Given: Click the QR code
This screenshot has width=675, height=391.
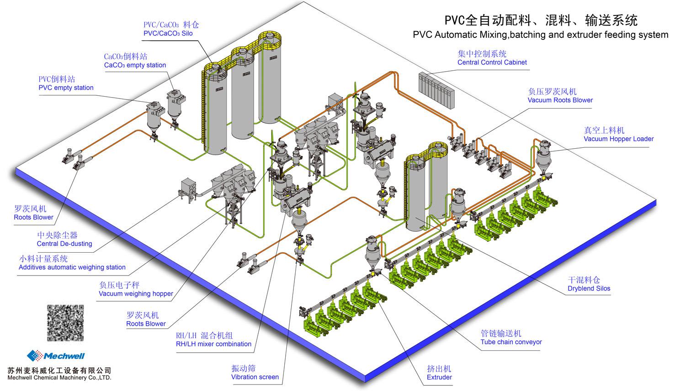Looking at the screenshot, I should (66, 323).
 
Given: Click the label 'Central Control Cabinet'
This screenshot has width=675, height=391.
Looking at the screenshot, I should (492, 63).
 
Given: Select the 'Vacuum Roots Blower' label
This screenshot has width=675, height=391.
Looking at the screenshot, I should (560, 100).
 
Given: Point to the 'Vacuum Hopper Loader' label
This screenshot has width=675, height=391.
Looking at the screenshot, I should (618, 139).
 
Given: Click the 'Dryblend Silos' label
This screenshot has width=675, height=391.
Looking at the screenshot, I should (589, 288).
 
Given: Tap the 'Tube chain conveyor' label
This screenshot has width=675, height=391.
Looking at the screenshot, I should (511, 342).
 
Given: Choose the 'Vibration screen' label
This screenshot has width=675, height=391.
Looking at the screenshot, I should (255, 377).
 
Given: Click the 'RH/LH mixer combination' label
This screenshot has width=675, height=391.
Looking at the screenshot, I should (213, 344).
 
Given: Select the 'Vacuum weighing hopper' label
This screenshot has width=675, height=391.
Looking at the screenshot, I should (136, 294).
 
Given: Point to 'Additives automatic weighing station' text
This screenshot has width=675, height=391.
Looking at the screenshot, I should (72, 267).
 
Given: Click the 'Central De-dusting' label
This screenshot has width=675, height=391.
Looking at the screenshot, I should (64, 244).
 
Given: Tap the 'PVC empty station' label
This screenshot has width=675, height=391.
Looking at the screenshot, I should (66, 88).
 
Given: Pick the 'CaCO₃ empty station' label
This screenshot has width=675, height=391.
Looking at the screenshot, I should (135, 65).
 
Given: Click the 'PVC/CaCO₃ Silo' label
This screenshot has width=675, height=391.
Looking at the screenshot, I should (168, 33).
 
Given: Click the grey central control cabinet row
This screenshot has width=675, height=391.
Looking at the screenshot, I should (436, 89).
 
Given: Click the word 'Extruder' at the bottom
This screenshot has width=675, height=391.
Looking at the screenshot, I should (439, 377).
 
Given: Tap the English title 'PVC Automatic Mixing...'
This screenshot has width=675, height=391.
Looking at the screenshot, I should (540, 35).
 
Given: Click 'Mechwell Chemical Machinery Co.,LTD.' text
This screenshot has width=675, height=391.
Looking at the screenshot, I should (59, 378).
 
